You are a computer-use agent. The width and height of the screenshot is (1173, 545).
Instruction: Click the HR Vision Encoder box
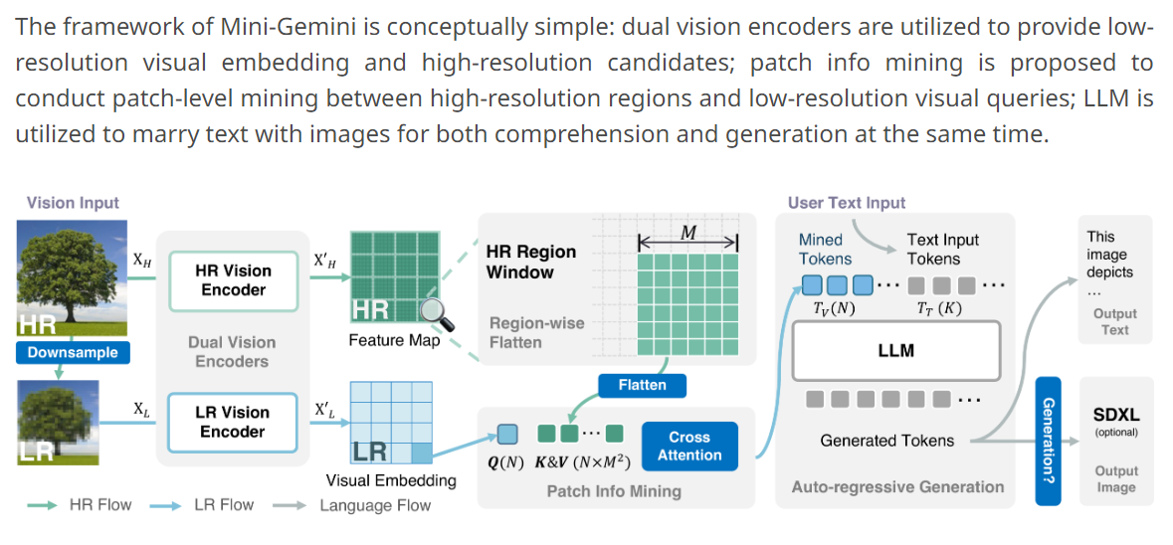[x=233, y=279]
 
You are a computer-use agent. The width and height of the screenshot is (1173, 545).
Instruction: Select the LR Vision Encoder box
[x=233, y=422]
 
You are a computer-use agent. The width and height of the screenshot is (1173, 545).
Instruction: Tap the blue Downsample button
[x=73, y=352]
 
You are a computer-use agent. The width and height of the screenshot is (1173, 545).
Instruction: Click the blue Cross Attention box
[x=689, y=446]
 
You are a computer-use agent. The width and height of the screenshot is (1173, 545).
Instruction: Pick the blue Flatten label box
[x=642, y=385]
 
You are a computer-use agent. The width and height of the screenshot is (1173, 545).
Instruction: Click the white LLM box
[x=896, y=350]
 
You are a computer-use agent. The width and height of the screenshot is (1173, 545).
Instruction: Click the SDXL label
[x=1116, y=414]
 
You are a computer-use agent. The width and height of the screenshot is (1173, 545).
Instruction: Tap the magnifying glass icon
[x=436, y=314]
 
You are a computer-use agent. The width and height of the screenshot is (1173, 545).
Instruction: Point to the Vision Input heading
[x=73, y=203]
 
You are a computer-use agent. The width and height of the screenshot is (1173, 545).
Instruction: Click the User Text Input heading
[x=847, y=203]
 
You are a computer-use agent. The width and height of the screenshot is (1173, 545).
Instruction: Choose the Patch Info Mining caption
[x=614, y=490]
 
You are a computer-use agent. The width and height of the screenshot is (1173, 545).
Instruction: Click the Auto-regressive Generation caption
[x=897, y=486]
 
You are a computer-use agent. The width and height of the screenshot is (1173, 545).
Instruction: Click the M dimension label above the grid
[x=687, y=232]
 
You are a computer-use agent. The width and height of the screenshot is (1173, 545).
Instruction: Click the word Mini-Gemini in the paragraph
[x=222, y=27]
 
